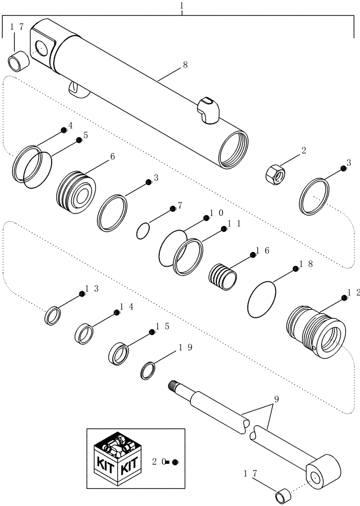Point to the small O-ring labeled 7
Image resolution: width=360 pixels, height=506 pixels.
[x=144, y=231]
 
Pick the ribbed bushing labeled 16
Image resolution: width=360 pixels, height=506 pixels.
[x=223, y=277]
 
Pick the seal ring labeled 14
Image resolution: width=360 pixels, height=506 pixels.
[x=85, y=334]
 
